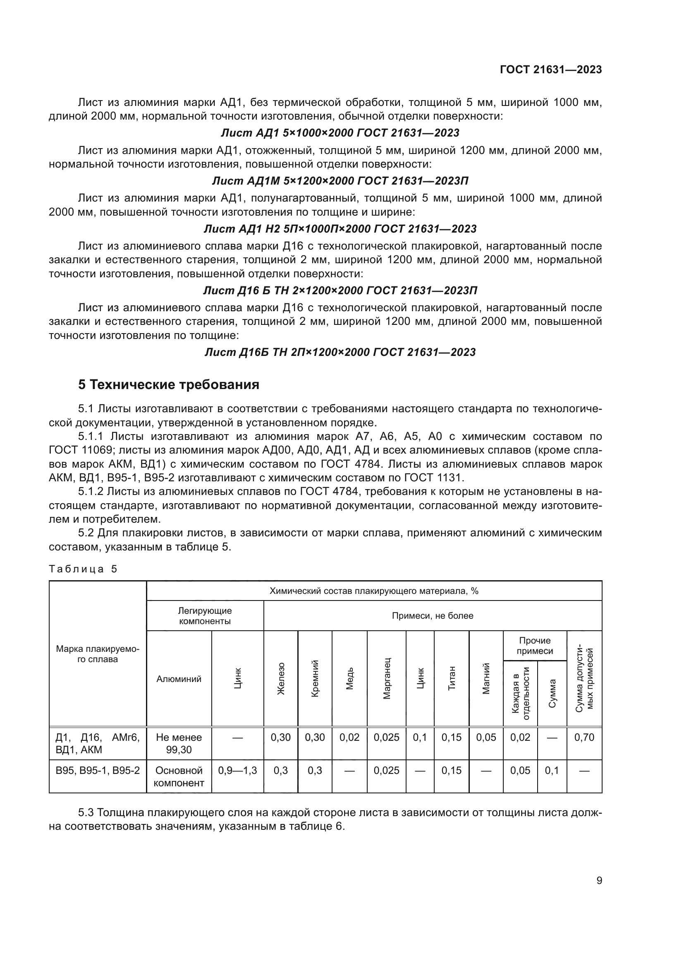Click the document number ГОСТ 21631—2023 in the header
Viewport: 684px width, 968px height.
(550, 70)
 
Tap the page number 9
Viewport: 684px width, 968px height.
(599, 881)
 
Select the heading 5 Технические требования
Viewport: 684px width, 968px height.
(168, 385)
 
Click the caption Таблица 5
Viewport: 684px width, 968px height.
(83, 569)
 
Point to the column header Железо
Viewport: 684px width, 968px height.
(280, 678)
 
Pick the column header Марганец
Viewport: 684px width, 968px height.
(387, 678)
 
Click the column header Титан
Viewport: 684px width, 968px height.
(452, 678)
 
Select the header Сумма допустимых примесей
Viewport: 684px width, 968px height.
(584, 678)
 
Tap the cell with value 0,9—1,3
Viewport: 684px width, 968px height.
(237, 771)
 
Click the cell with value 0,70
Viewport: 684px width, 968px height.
(584, 737)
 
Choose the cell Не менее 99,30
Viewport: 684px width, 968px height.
(179, 743)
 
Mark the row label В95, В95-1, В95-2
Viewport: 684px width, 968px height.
(98, 771)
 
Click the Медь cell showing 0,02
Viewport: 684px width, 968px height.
(349, 737)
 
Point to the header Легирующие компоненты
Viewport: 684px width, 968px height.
(205, 616)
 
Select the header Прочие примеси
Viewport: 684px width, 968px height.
(534, 646)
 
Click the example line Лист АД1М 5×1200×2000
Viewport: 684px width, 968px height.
(340, 181)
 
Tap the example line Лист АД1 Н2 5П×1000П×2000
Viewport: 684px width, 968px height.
(340, 229)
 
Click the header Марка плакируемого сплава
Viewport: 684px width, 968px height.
(98, 654)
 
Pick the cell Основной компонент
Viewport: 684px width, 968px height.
(179, 776)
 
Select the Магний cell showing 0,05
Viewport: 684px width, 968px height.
(485, 737)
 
